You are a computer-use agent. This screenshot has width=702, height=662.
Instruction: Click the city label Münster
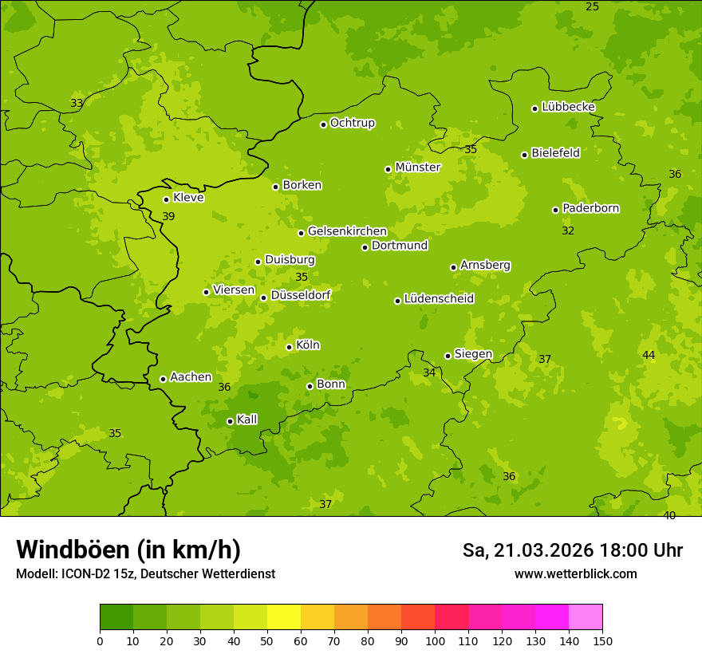[417, 167]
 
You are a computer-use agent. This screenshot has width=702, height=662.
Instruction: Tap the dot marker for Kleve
[166, 199]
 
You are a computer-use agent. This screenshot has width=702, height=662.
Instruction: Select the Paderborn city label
[590, 208]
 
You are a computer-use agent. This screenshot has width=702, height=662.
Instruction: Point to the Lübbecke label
[568, 107]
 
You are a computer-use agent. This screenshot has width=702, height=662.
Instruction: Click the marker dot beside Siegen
[448, 356]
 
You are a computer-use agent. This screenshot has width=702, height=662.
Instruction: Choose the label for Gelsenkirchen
[347, 231]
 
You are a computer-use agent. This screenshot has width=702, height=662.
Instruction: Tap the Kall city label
[247, 420]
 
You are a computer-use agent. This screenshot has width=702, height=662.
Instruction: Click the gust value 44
[649, 355]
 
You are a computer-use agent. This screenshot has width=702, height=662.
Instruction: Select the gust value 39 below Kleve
[168, 217]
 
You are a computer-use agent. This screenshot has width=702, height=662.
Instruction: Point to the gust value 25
[592, 7]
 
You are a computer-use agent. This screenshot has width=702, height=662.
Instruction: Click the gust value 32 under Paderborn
[568, 231]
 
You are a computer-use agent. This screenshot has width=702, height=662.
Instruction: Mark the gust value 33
[77, 104]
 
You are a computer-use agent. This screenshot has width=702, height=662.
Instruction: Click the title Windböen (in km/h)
[128, 550]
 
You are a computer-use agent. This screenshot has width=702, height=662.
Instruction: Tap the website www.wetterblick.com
[575, 574]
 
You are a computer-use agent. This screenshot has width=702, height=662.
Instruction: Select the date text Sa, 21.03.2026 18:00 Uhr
[572, 550]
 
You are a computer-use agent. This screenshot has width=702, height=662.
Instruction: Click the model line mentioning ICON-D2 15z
[145, 574]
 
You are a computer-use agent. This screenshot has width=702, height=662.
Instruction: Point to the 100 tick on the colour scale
[435, 641]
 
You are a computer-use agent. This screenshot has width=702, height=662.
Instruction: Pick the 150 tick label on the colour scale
[602, 641]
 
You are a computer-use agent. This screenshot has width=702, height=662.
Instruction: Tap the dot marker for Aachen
[163, 379]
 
